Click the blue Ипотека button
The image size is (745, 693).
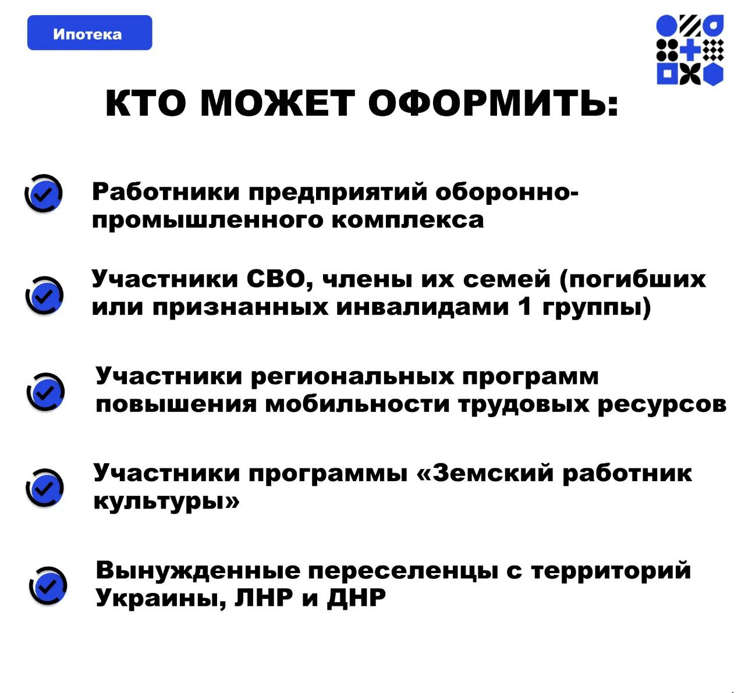tap(90, 33)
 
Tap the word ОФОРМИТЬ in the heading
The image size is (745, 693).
tap(493, 103)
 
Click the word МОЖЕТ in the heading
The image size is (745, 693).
tap(278, 103)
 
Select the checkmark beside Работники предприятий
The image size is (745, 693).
tap(44, 194)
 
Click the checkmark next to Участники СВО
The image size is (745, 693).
tap(45, 296)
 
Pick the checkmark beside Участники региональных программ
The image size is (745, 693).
tap(46, 392)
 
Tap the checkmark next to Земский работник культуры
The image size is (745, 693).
tap(45, 488)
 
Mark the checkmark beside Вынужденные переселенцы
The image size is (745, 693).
tap(48, 586)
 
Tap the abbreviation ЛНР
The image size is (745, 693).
tap(263, 598)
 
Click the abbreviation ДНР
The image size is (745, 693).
tap(356, 598)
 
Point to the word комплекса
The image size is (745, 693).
tap(408, 221)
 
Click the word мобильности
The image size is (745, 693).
tap(357, 404)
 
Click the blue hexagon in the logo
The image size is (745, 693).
tap(713, 74)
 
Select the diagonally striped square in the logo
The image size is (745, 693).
tap(690, 25)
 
